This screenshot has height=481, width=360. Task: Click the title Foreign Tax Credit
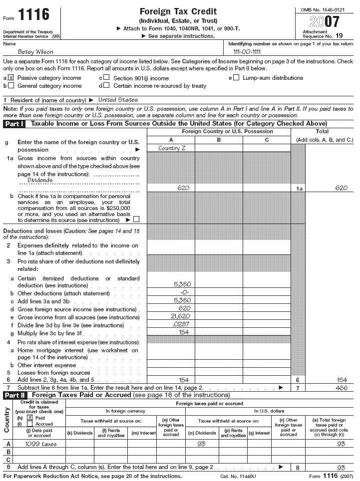pos(178,11)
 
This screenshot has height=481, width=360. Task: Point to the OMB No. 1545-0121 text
pos(324,9)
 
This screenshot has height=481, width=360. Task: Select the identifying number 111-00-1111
pos(247,52)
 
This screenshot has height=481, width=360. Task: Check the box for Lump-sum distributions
pos(236,77)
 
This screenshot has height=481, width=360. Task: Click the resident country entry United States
pos(118,100)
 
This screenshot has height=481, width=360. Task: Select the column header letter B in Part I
pos(219,140)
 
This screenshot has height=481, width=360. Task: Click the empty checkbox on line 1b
pos(136,219)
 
